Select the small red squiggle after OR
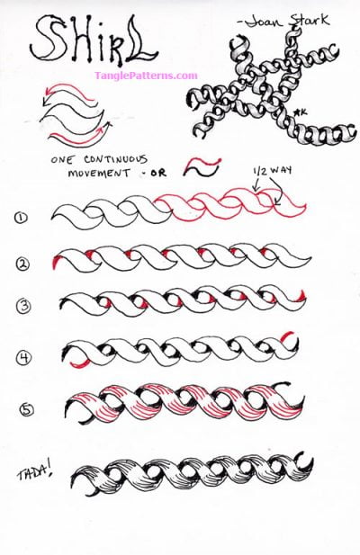click(x=202, y=166)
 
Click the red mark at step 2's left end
click(x=58, y=263)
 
